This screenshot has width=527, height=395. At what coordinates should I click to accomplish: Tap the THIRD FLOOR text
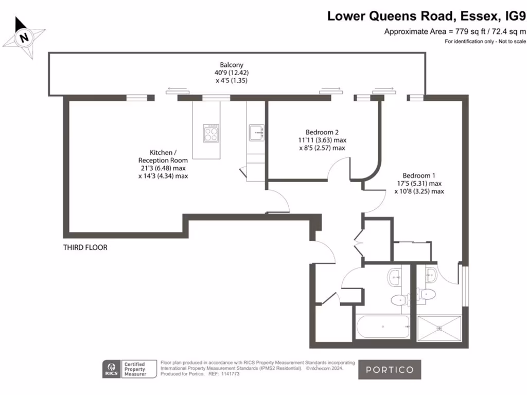pyautogui.click(x=85, y=247)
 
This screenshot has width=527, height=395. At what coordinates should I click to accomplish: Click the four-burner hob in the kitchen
pyautogui.click(x=211, y=133)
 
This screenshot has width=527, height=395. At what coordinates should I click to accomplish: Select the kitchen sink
pyautogui.click(x=256, y=132)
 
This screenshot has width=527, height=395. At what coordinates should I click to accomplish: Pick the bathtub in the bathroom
pyautogui.click(x=383, y=327)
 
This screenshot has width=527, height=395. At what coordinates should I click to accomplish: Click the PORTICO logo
pyautogui.click(x=390, y=369)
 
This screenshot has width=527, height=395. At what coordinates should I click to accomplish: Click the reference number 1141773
pyautogui.click(x=231, y=374)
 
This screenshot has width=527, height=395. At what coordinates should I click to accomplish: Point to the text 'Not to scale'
pyautogui.click(x=511, y=42)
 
